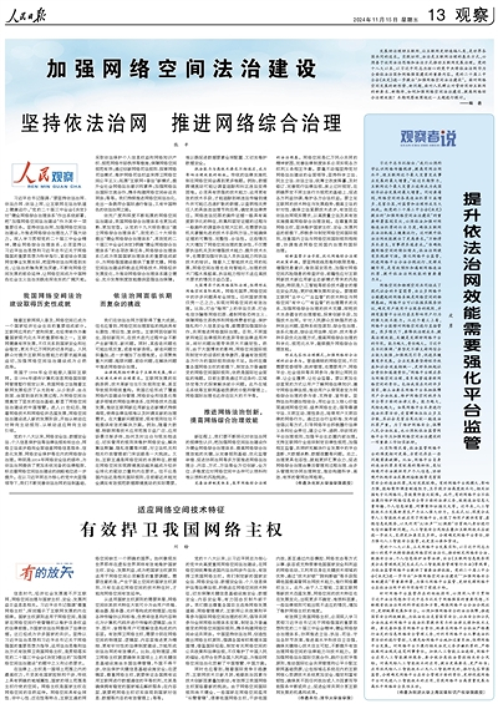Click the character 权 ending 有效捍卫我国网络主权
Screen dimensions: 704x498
pyautogui.click(x=275, y=530)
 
